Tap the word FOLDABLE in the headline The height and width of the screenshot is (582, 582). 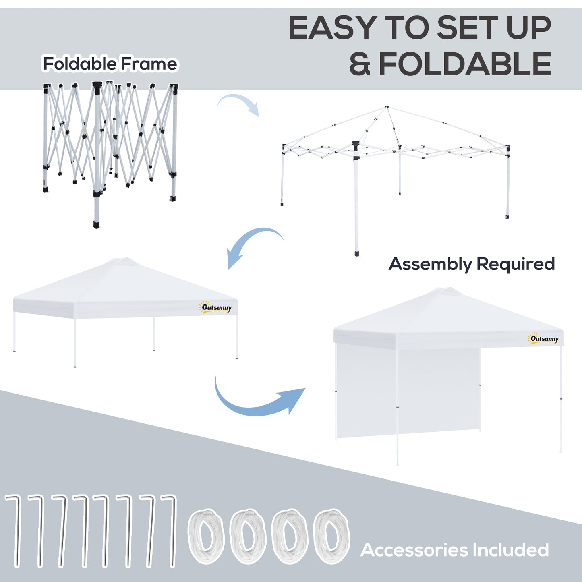(465, 64)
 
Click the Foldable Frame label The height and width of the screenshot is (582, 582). (110, 64)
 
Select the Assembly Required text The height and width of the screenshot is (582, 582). (472, 264)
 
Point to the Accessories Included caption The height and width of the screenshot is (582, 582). (454, 550)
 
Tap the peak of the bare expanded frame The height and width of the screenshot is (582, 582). (386, 107)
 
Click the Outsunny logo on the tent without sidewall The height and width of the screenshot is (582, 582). (216, 308)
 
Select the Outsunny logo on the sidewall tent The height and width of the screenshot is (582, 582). (544, 339)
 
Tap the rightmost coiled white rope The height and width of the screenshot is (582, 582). (331, 536)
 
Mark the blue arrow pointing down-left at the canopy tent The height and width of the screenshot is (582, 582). (254, 244)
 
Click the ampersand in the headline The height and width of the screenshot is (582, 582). (359, 64)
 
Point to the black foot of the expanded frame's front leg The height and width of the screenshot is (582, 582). (356, 253)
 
